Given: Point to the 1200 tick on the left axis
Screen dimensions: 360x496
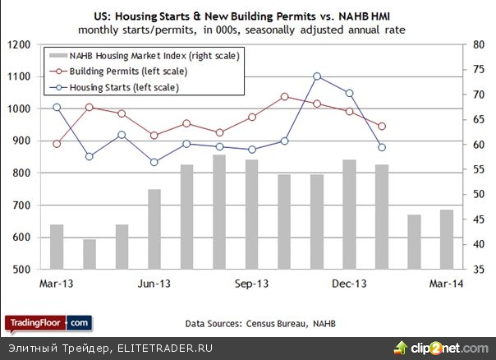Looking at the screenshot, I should point(18,44).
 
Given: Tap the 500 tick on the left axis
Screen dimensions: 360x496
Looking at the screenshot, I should point(21,270).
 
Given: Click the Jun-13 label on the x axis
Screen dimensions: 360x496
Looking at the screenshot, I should point(154,284).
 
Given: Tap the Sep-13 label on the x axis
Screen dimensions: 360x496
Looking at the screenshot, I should point(250,284).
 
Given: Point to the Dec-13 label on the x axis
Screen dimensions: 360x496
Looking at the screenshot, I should point(348,284).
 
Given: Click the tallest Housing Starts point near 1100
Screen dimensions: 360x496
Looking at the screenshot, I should point(317,76).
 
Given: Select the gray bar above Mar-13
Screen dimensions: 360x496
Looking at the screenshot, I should point(57,247).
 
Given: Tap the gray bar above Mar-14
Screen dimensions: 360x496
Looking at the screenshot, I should point(447,239).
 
